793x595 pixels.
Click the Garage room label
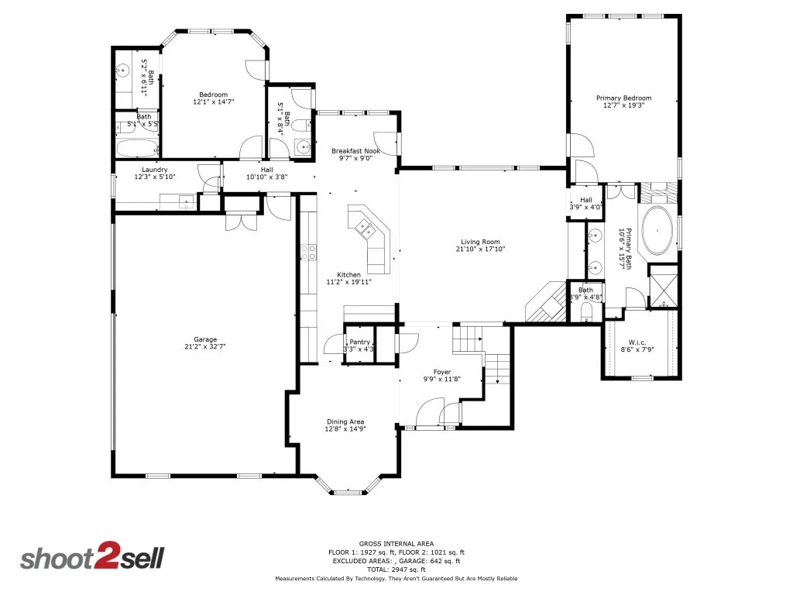[205, 339]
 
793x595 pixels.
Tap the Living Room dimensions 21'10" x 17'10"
[480, 249]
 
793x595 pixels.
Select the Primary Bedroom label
[623, 98]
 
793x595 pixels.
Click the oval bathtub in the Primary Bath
[657, 230]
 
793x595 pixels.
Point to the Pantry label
[359, 342]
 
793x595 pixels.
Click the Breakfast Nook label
[355, 151]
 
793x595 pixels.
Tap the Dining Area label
[345, 421]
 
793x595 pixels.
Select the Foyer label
[442, 372]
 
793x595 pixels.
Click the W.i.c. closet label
[637, 342]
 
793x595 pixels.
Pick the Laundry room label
[155, 170]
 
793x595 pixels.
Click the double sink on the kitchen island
[366, 229]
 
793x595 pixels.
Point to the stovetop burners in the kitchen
[308, 252]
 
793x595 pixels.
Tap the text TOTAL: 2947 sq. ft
[396, 569]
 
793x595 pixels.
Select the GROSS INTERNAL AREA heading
[396, 543]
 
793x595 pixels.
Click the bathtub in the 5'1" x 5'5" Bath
[138, 149]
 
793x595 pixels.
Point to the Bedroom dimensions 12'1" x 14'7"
[214, 101]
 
